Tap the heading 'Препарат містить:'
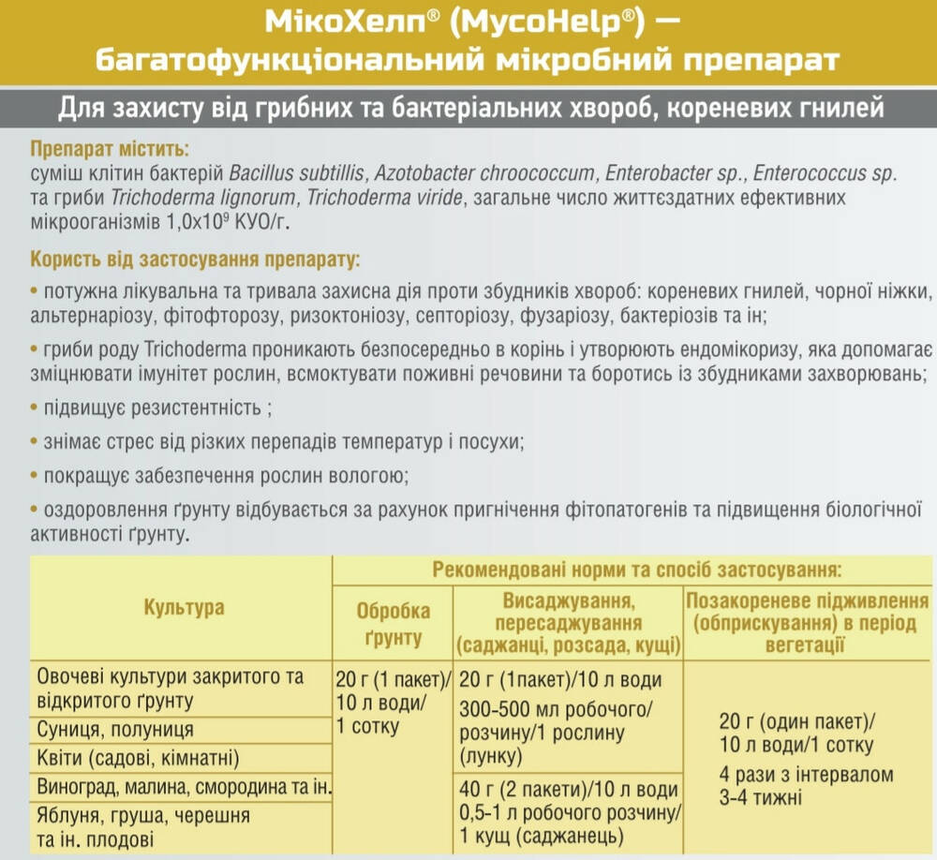(x=109, y=150)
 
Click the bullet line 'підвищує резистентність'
(x=156, y=410)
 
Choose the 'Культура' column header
(x=184, y=607)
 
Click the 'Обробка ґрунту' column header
(x=394, y=624)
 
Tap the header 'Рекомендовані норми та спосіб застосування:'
(x=634, y=569)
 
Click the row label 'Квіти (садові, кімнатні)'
(x=137, y=758)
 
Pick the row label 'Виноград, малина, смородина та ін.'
(x=184, y=785)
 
